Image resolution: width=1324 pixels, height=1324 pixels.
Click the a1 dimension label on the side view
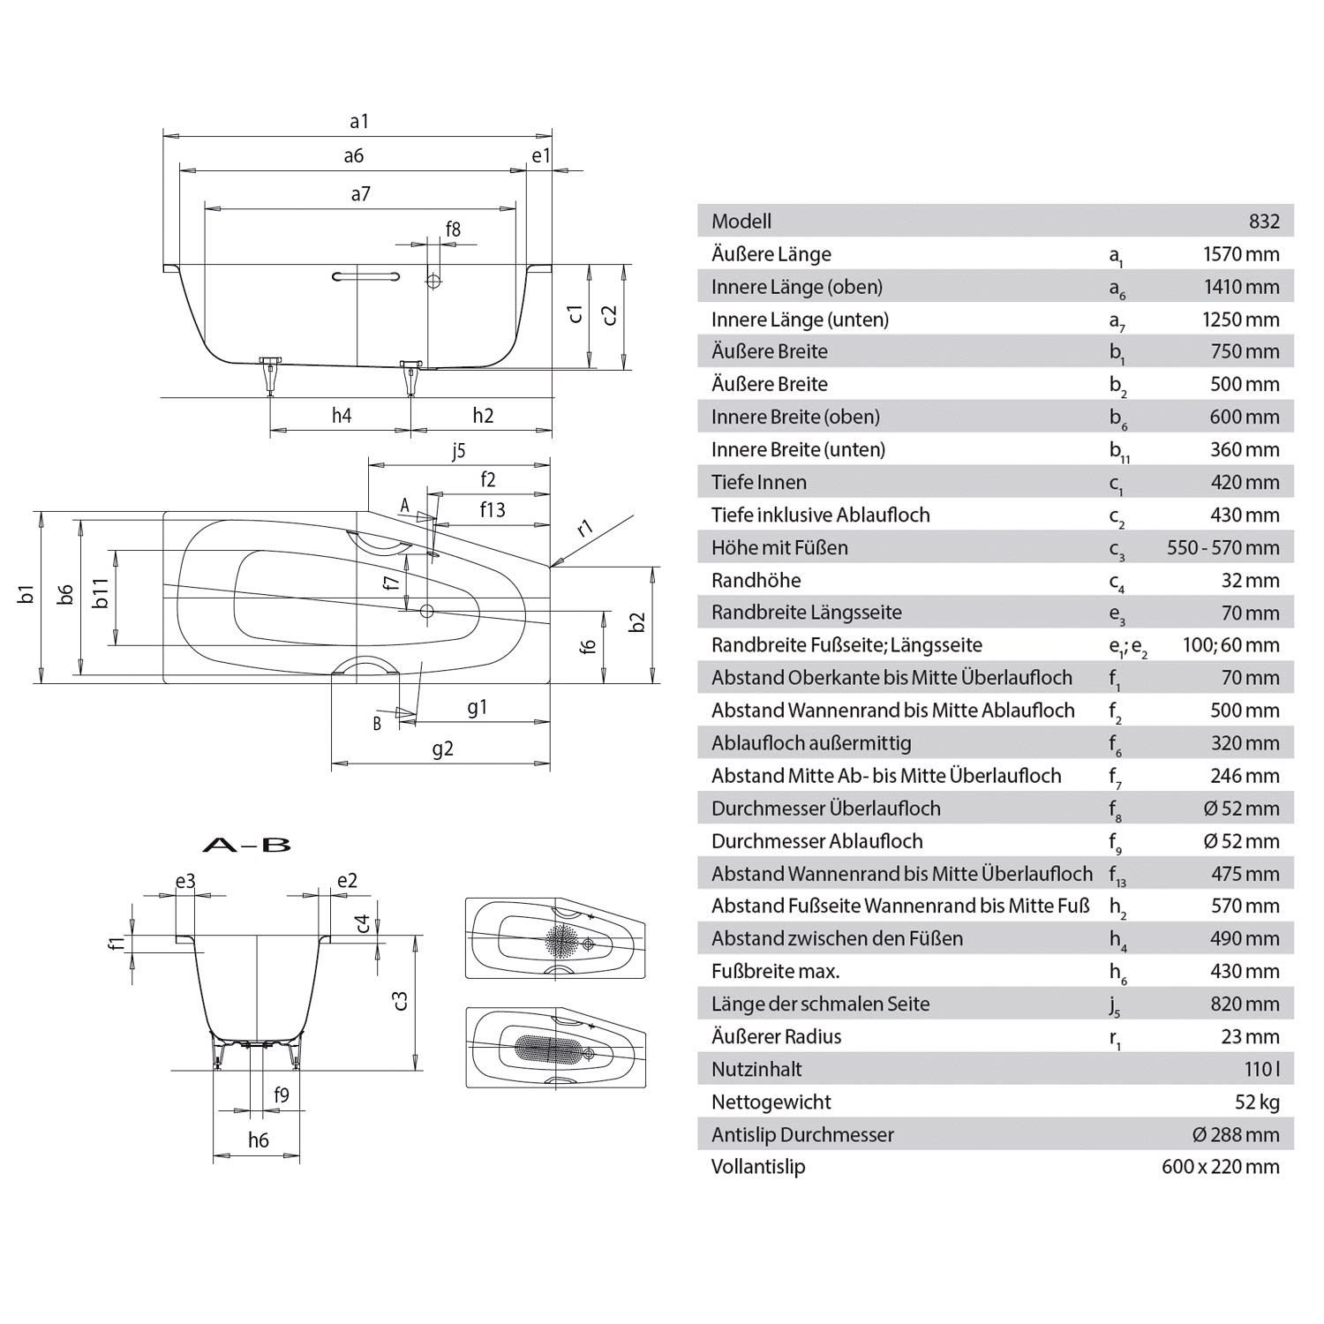pos(358,122)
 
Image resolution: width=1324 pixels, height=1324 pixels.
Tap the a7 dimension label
pos(360,194)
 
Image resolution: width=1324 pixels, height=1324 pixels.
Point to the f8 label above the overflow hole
pos(453,229)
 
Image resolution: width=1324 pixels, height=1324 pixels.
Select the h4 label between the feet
pos(342,415)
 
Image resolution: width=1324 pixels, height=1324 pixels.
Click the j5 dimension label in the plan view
pos(458,451)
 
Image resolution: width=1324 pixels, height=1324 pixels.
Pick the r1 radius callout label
pos(585,529)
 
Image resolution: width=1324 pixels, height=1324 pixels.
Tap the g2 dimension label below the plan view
pos(442,749)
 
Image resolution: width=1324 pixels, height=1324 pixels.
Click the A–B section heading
pos(246,845)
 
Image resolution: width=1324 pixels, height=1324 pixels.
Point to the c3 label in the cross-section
pos(400,1000)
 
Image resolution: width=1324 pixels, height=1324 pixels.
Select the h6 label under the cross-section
pos(258,1140)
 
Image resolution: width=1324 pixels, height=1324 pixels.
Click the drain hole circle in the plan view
pos(427,610)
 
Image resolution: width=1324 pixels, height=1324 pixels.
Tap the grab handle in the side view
pos(365,277)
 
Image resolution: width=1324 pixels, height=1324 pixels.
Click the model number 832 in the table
pos(1264,222)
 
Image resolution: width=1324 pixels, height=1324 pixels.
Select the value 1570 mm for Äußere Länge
pos(1240,254)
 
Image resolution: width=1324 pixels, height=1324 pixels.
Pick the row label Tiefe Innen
pos(758,482)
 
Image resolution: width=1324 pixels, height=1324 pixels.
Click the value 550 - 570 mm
pos(1222,547)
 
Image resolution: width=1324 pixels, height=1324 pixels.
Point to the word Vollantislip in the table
pos(758,1167)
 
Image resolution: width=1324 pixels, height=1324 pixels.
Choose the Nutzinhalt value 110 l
pos(1261,1069)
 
